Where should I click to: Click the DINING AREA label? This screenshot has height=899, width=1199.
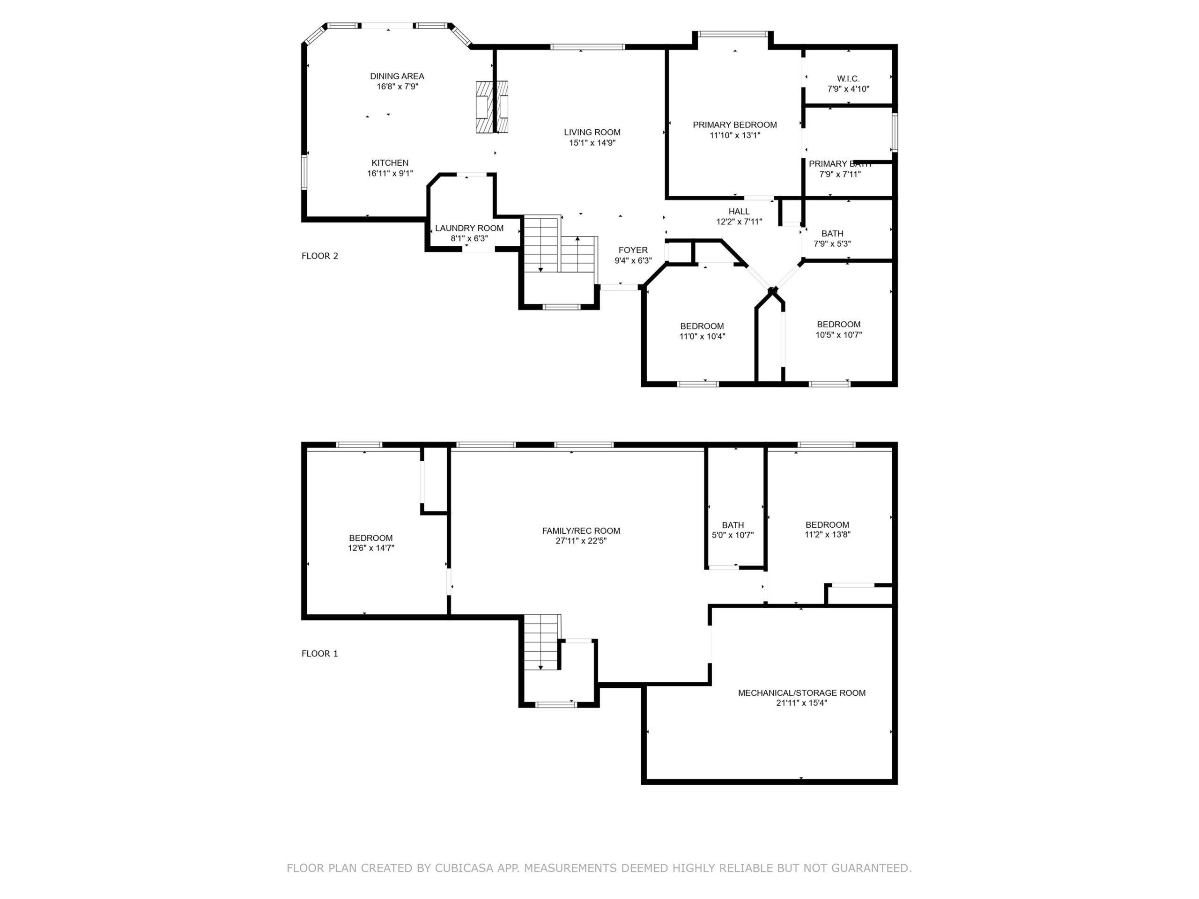pos(397,76)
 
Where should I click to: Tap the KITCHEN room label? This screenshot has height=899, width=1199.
pos(390,163)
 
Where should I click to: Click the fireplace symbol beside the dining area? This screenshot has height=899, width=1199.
pos(492,107)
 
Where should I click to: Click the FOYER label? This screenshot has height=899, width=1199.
pos(633,251)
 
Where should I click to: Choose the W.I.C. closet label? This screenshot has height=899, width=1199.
pos(848,79)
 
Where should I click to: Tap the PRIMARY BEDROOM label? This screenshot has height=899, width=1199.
pos(734,125)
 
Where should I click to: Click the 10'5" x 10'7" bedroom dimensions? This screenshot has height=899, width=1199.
pos(838,335)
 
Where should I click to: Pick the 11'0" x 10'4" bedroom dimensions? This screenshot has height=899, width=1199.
pos(702,337)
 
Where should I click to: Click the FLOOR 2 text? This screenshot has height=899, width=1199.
pos(320,256)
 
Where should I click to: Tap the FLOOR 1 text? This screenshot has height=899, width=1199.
pos(320,654)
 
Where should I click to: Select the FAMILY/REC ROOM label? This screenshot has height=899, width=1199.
pos(581,531)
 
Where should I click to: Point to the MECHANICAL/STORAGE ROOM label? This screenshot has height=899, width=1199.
pos(802,693)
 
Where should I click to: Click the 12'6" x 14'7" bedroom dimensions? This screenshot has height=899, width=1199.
pos(371,548)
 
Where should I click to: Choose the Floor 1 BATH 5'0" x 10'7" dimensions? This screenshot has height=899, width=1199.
pos(733,535)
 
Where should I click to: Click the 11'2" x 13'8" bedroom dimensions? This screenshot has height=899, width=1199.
pos(827,534)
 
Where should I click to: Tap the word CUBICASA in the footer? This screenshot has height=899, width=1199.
pos(464,868)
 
